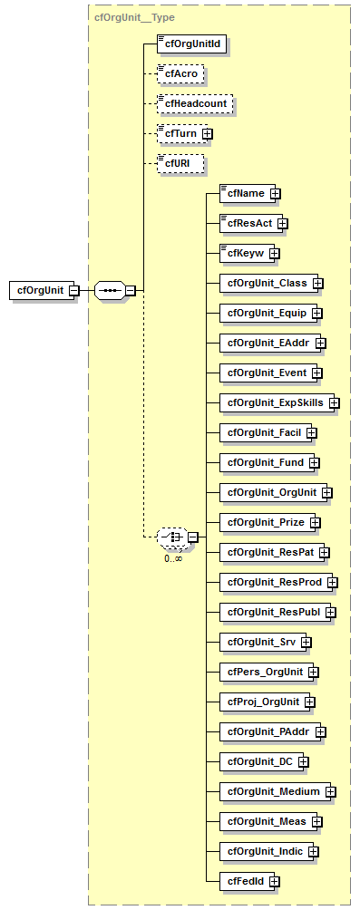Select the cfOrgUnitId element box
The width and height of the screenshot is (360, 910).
[190, 43]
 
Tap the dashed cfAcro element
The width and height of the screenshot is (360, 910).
[178, 73]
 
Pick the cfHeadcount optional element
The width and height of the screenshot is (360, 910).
[194, 104]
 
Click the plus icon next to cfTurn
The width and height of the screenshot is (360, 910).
[208, 134]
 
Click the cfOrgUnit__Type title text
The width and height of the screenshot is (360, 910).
[134, 17]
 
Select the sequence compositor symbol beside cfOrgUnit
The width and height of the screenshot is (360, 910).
[109, 290]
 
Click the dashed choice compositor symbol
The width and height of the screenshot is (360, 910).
[172, 537]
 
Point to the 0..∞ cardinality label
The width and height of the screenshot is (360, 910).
[172, 557]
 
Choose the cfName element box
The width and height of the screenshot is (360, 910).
[244, 193]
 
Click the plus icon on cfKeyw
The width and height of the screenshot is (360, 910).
[274, 253]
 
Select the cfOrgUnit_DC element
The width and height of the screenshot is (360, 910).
[258, 761]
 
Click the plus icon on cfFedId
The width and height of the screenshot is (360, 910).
[274, 881]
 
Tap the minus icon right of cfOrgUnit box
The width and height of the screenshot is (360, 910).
[74, 290]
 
